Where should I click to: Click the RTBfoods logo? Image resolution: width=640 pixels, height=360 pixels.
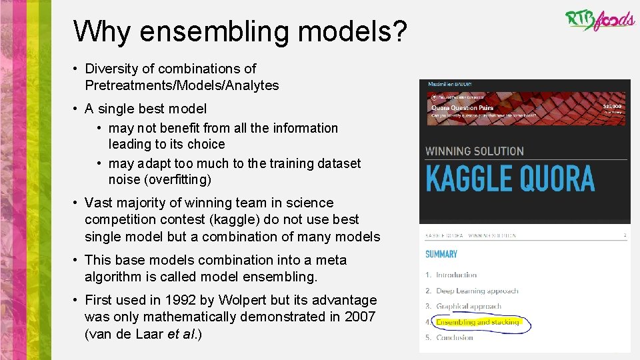(599, 20)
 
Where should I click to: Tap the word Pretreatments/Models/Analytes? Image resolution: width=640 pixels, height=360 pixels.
(181, 85)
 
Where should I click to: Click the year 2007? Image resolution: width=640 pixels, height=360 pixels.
(360, 317)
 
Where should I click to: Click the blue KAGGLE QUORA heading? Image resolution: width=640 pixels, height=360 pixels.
(509, 179)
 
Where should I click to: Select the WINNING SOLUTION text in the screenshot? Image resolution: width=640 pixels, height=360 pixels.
(475, 151)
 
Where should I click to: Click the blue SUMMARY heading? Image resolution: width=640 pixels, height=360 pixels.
(441, 254)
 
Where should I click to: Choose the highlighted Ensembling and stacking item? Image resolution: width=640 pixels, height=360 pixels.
(477, 323)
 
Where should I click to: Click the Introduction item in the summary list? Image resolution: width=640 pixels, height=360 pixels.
(456, 275)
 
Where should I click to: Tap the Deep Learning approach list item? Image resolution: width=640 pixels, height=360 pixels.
(477, 291)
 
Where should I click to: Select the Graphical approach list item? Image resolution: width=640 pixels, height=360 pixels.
(468, 307)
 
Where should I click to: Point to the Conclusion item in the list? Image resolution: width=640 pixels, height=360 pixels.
(454, 338)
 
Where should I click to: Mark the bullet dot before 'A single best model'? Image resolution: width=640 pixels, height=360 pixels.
(77, 109)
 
